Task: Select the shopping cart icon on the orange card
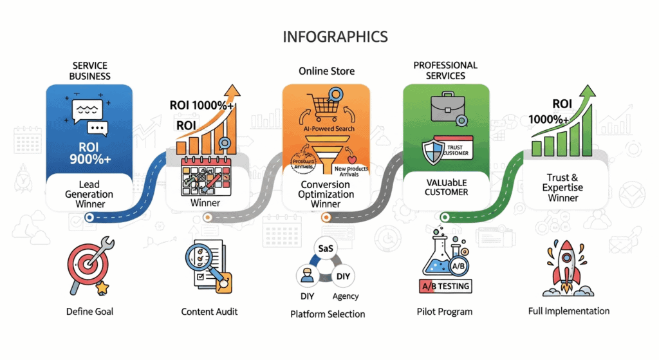[326, 102]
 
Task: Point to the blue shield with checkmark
[431, 152]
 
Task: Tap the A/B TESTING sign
[445, 285]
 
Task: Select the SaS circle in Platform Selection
[325, 248]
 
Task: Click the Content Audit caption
[210, 312]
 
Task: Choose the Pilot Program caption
[445, 312]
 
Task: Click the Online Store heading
[326, 71]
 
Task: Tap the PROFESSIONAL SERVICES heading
[445, 71]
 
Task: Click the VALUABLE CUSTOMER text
[446, 187]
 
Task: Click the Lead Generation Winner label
[89, 194]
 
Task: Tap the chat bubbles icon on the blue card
[89, 116]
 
